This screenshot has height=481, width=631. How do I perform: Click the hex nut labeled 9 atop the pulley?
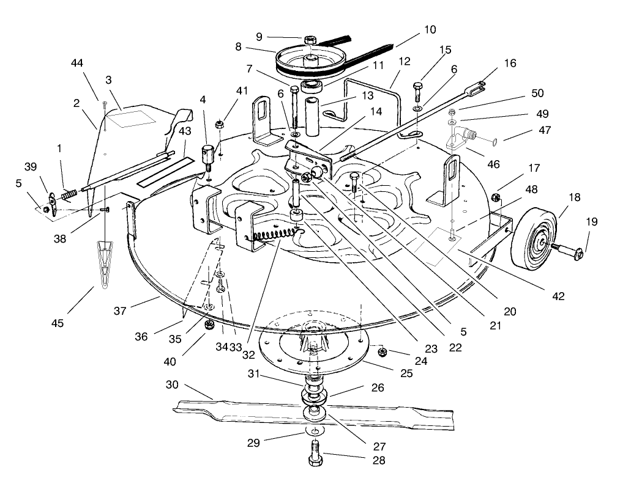pyautogui.click(x=310, y=39)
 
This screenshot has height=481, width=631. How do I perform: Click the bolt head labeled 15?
pyautogui.click(x=419, y=86)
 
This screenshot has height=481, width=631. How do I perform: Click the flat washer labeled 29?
pyautogui.click(x=313, y=432)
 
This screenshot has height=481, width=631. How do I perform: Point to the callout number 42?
pyautogui.click(x=556, y=296)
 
